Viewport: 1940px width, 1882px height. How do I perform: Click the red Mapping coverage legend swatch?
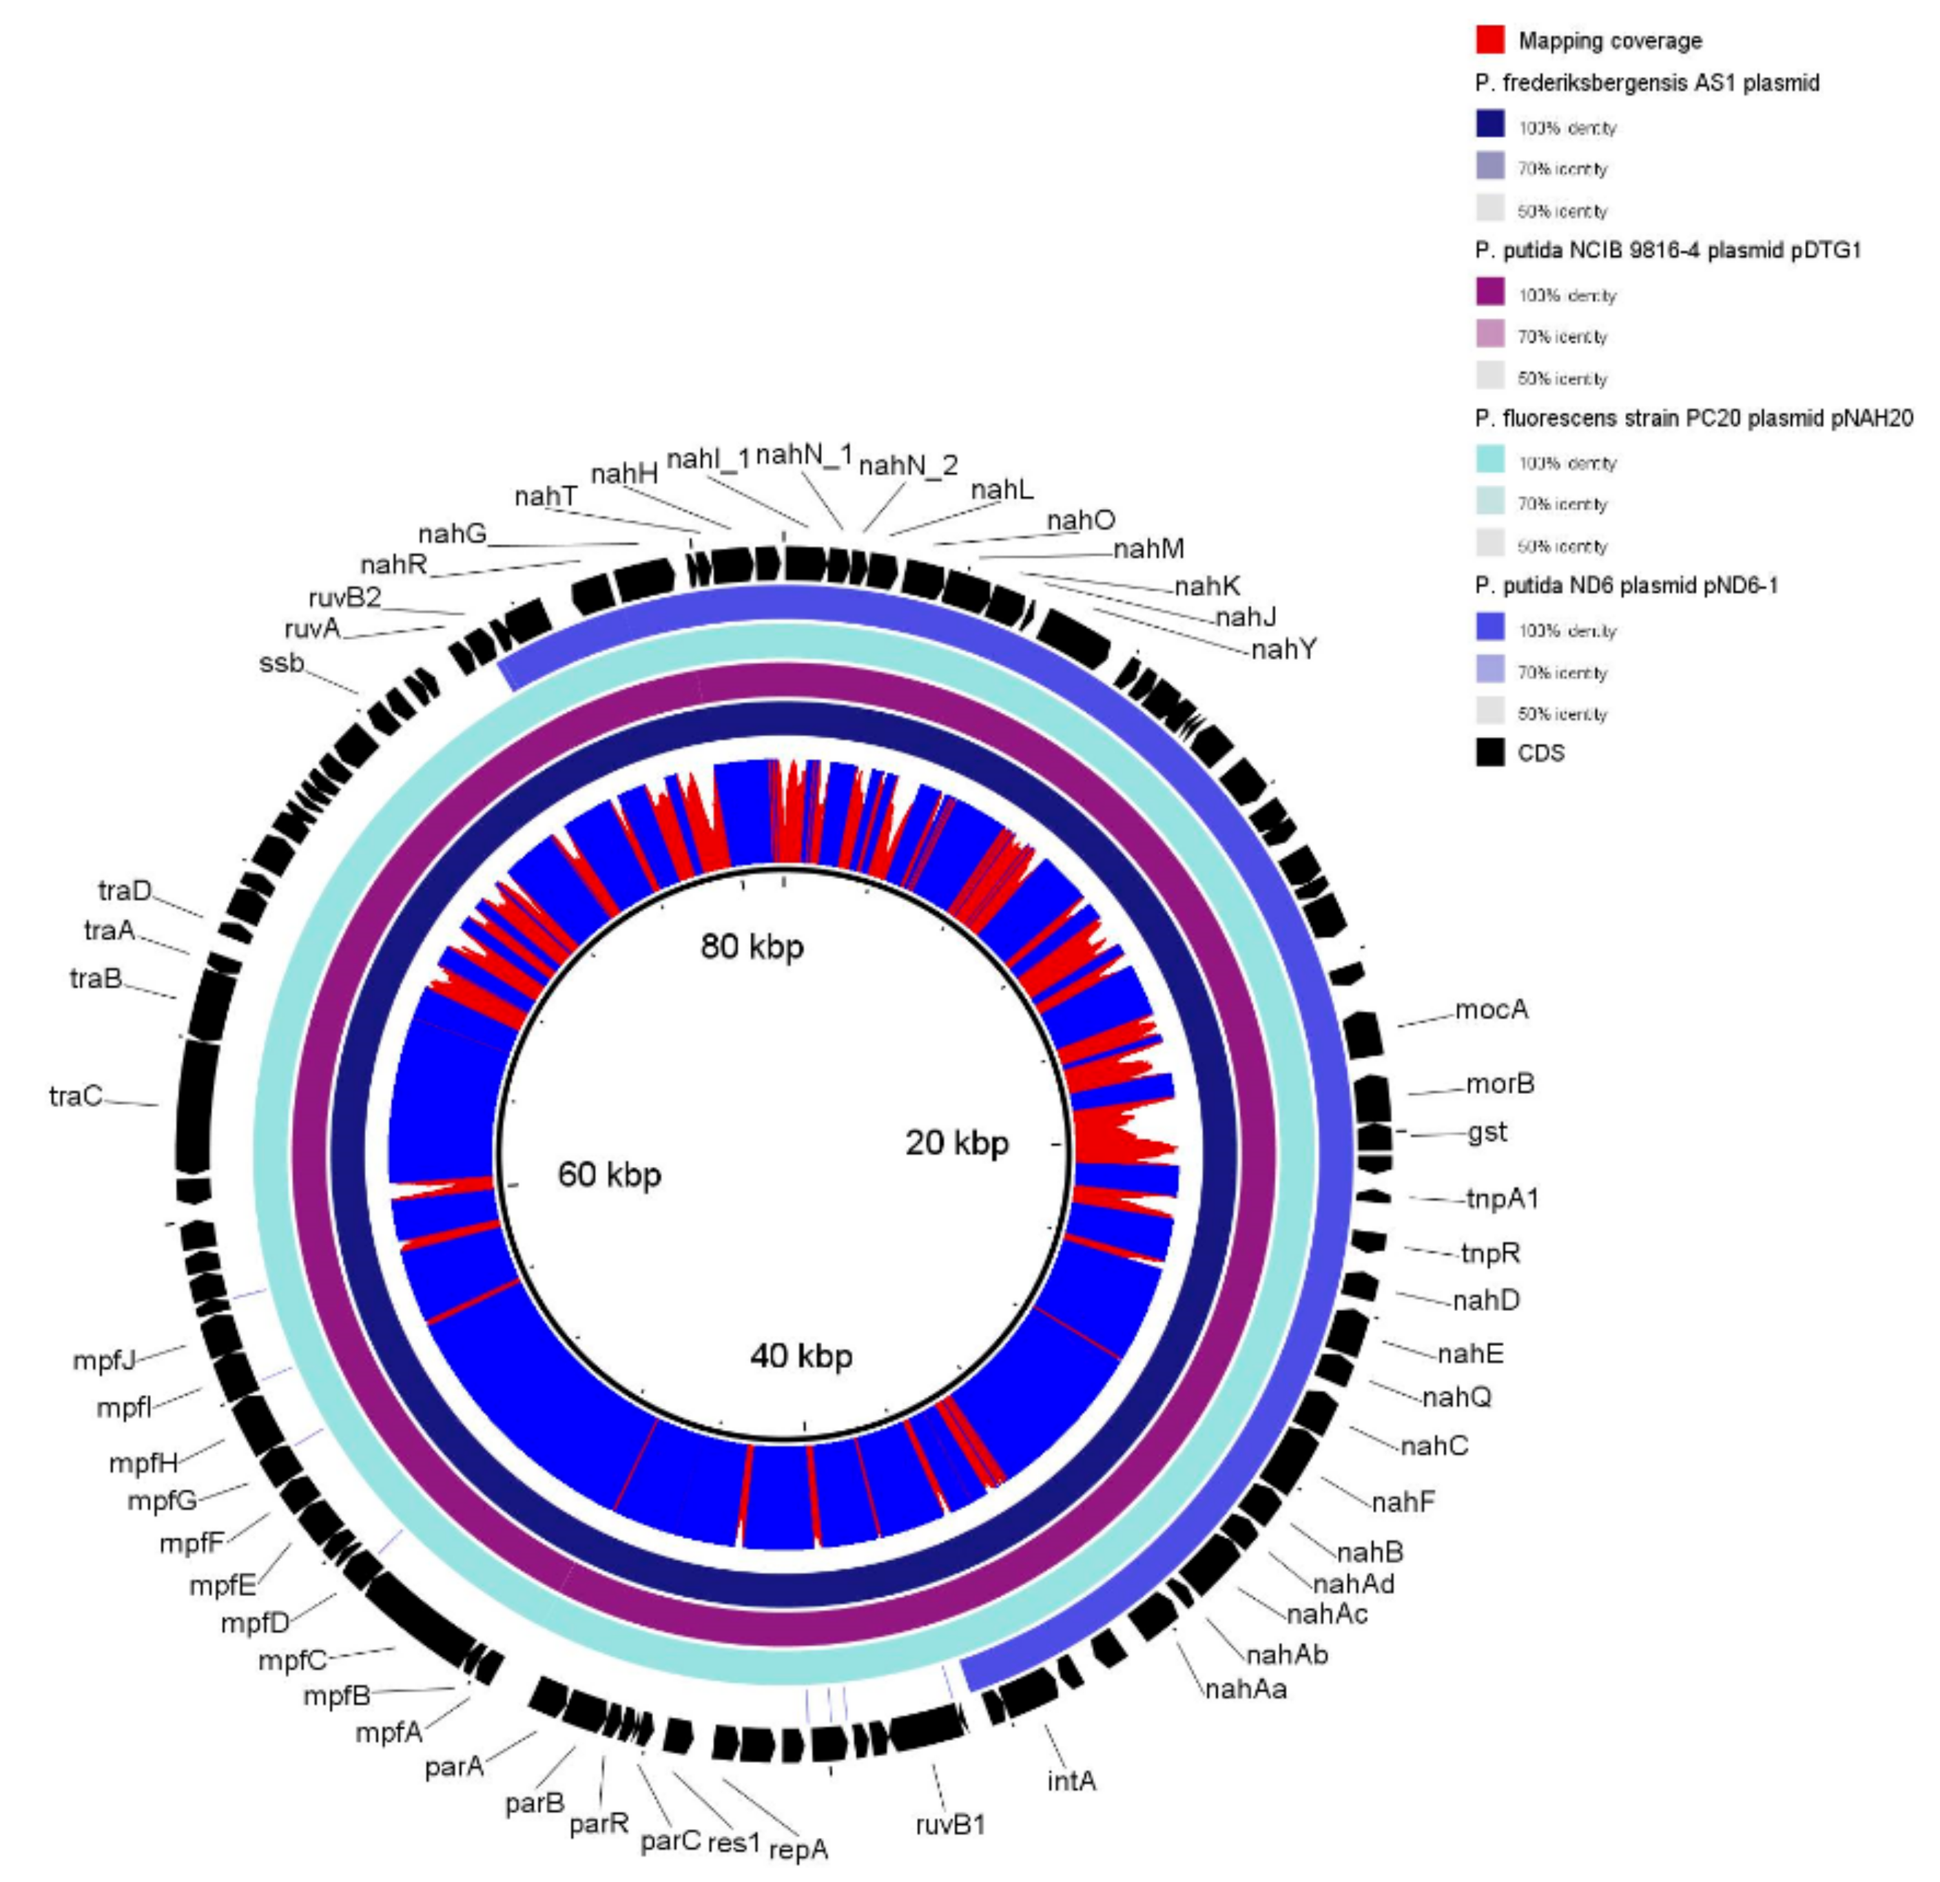coord(1489,39)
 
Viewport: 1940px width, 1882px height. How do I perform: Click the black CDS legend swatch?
coord(1489,752)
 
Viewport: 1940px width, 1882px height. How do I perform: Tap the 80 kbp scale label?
coord(752,947)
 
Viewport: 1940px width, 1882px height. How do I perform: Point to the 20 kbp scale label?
coord(956,1143)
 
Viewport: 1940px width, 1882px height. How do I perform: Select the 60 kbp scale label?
coord(610,1175)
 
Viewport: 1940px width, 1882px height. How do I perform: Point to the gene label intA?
coord(1071,1781)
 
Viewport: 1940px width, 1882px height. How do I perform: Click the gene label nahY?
coord(1283,650)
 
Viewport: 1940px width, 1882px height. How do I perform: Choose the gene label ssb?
coord(281,663)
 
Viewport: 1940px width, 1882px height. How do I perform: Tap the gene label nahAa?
coord(1246,1689)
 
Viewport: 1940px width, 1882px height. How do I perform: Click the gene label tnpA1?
coord(1503,1199)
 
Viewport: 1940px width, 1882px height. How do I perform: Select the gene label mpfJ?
coord(104,1361)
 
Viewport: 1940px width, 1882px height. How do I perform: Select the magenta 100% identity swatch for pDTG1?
coord(1489,292)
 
